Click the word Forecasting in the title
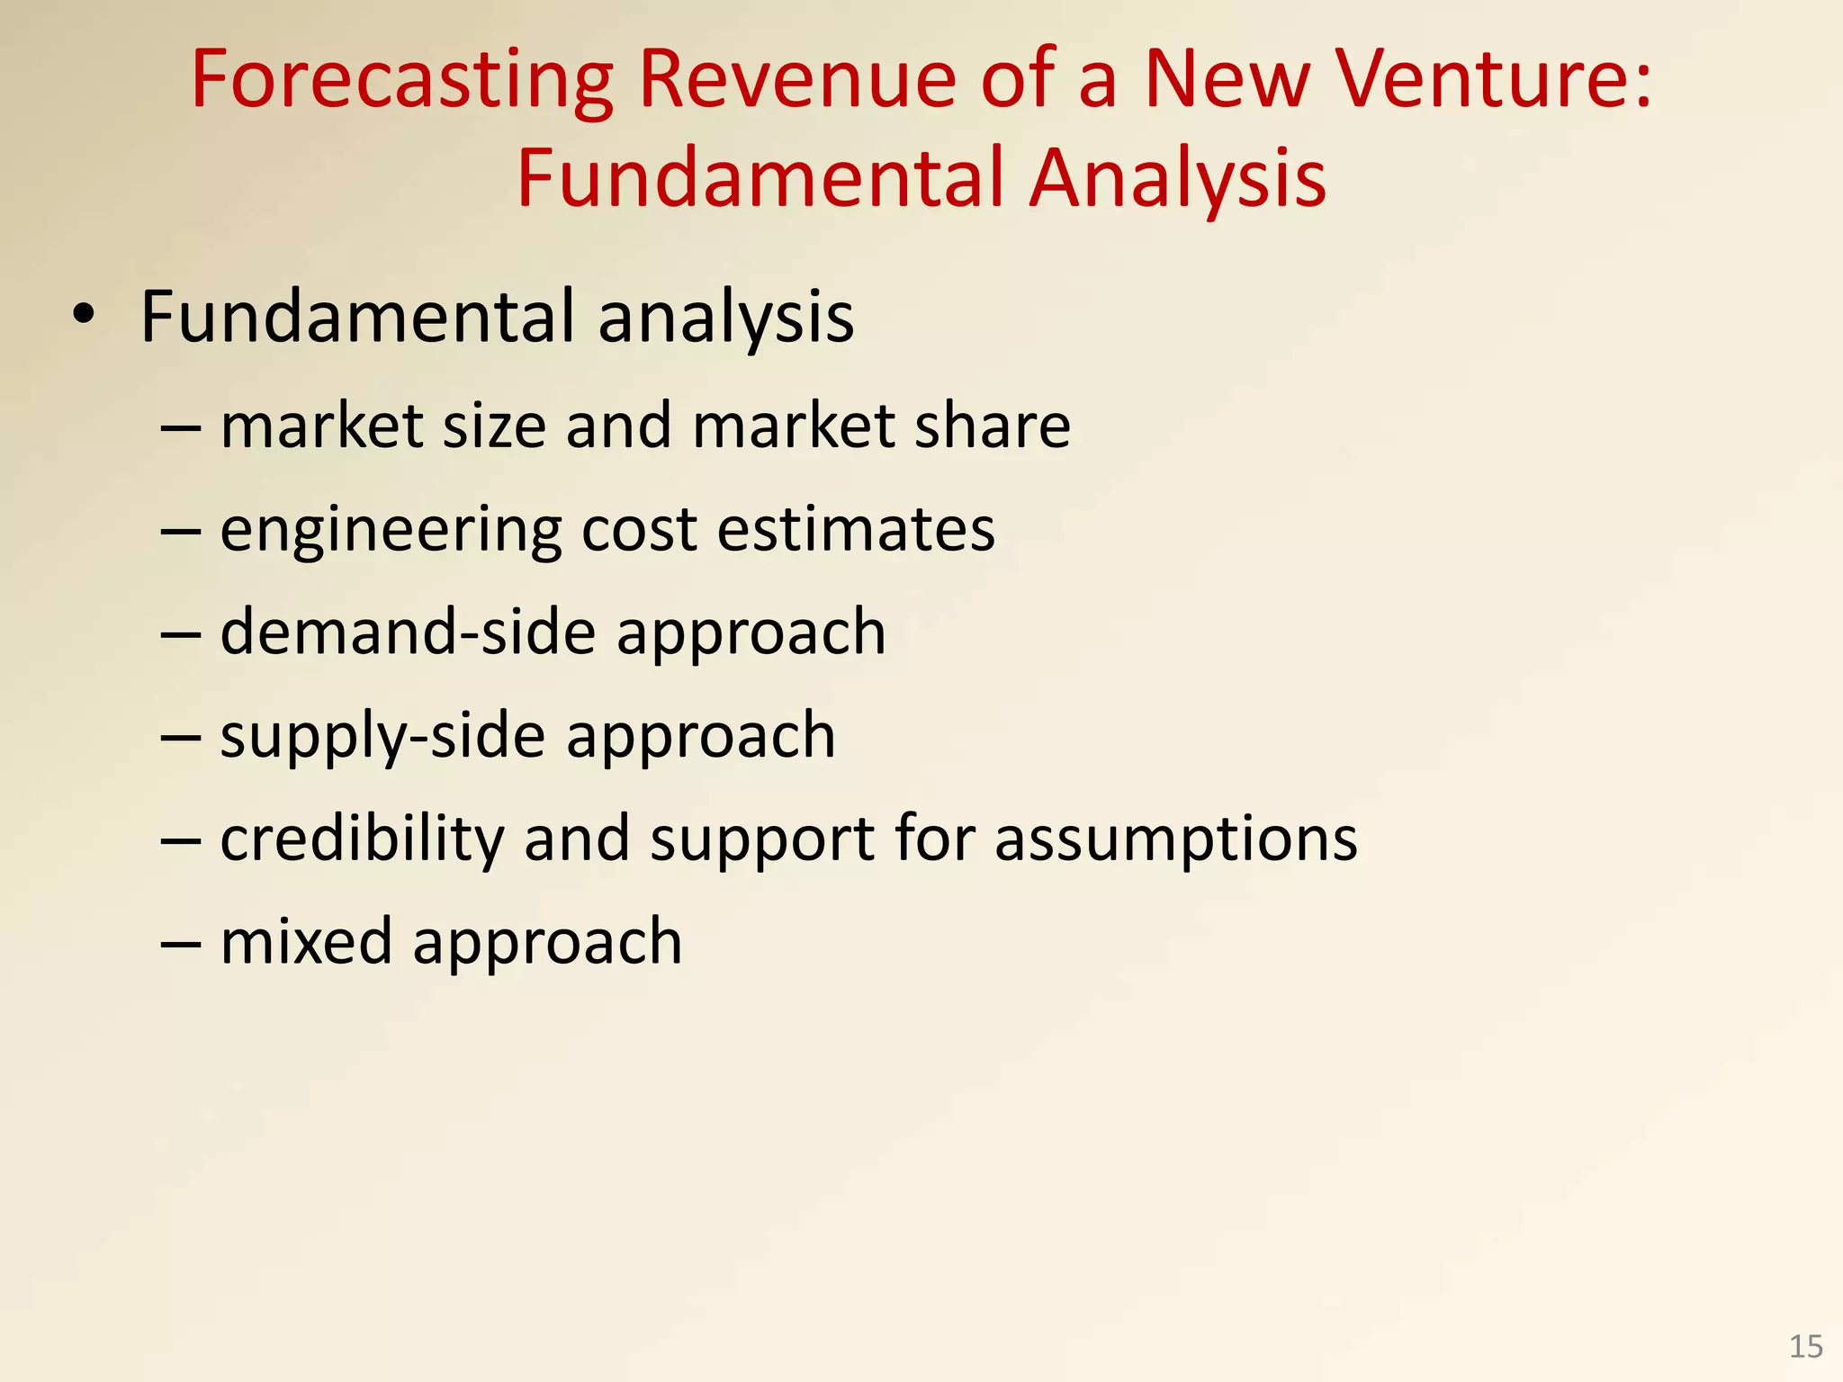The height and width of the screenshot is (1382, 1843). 402,81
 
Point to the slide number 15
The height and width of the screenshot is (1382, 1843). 1805,1347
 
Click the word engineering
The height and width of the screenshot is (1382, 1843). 391,531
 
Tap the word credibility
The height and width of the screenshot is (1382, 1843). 363,839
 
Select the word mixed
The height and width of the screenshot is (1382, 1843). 306,941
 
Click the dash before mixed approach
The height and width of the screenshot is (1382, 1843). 180,943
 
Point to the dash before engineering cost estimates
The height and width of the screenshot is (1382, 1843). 180,531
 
